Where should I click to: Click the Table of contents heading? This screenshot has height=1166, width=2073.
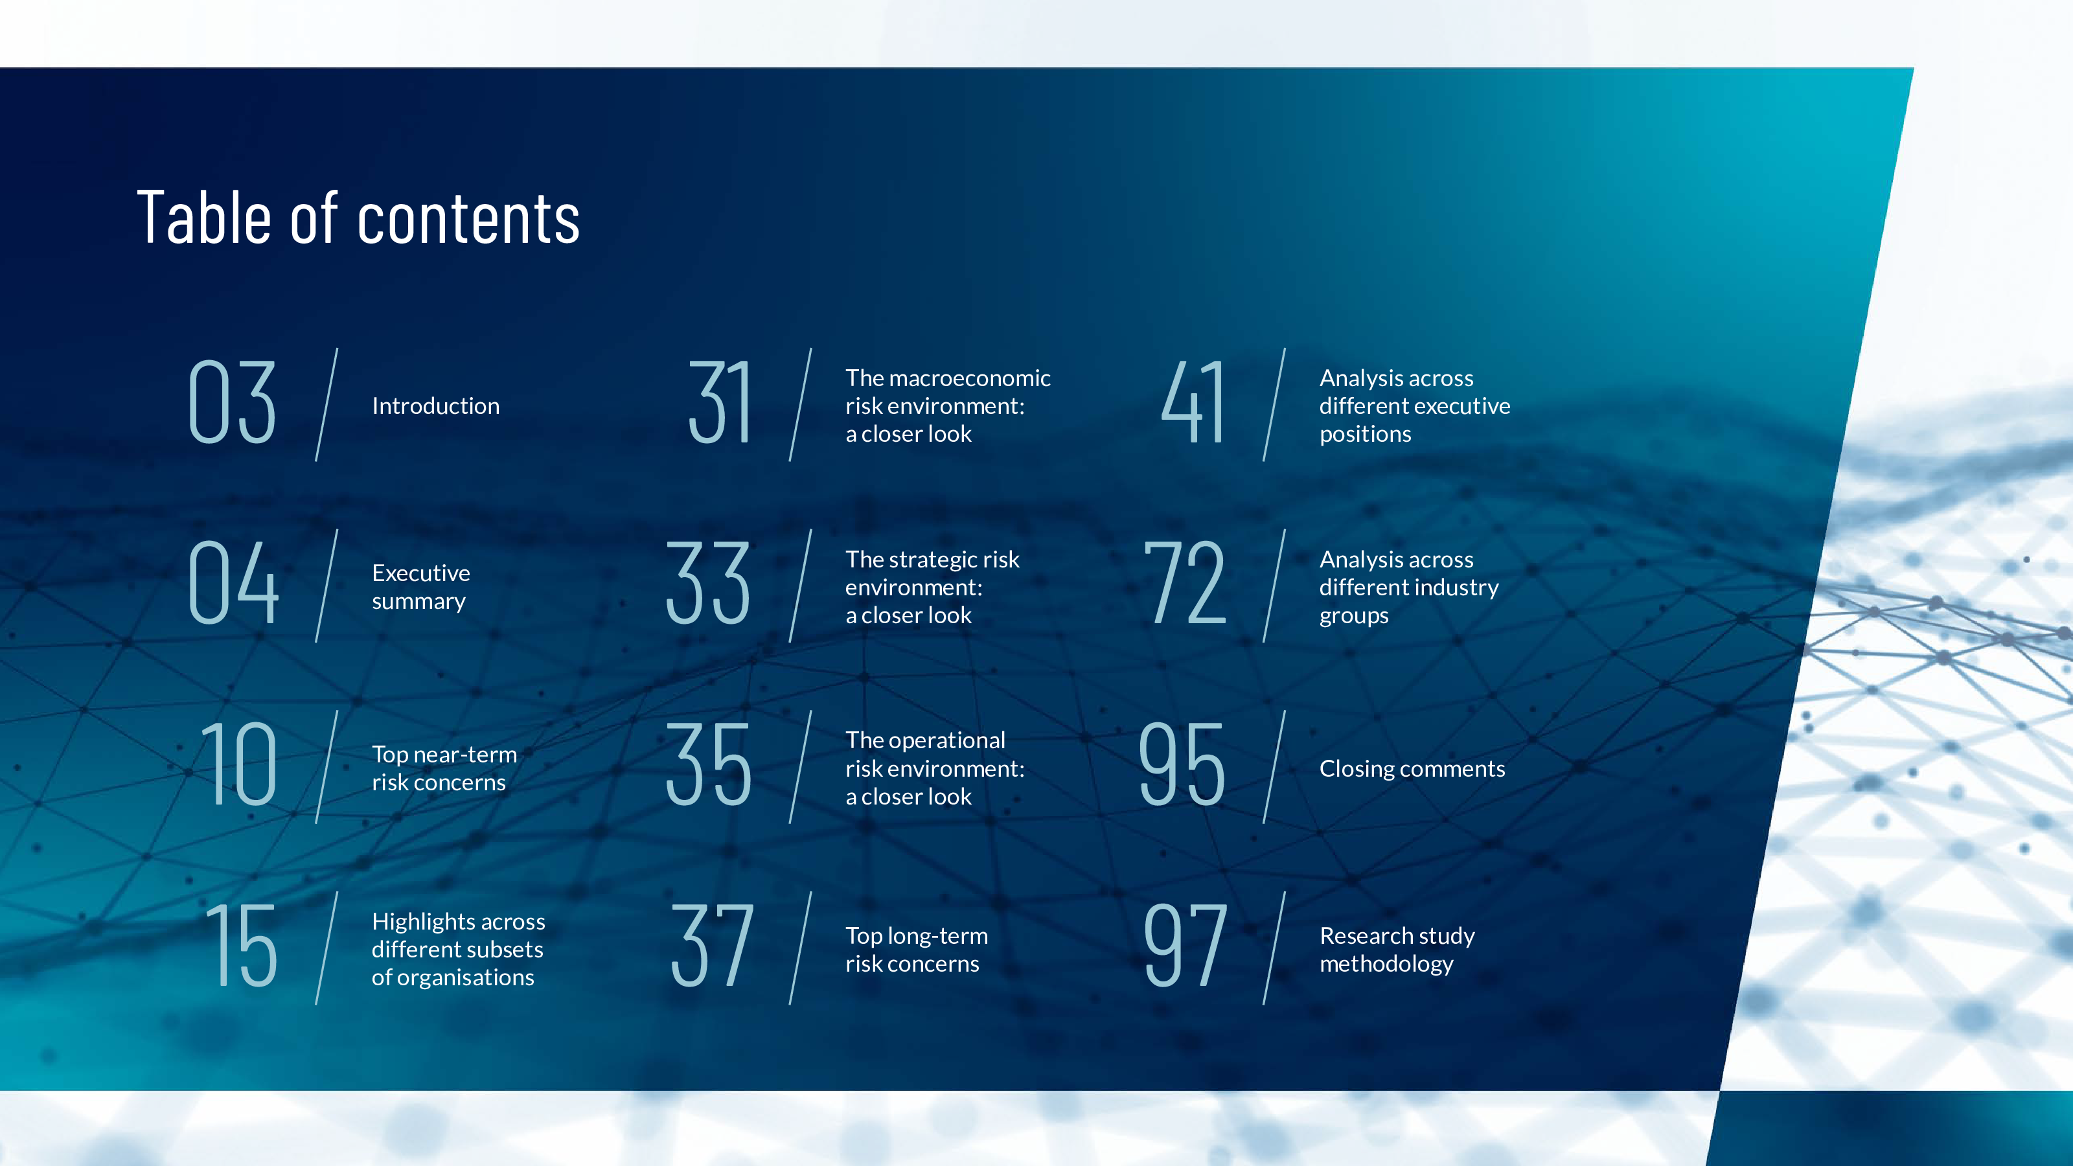358,218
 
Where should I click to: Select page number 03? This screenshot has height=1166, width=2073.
233,402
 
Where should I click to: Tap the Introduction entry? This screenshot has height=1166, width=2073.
435,406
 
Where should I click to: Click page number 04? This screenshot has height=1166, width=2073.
233,582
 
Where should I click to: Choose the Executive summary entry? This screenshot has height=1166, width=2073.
421,587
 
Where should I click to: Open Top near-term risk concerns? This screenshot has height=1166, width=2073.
444,768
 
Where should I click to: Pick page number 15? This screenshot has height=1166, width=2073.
242,946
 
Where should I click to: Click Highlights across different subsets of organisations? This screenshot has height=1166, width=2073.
459,949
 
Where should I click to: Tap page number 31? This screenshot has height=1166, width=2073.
720,402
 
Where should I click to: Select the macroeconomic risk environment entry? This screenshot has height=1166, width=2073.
948,406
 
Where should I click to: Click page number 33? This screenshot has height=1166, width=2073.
708,582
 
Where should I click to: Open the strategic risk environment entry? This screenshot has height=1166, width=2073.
932,587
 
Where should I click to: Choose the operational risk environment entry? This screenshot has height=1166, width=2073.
935,768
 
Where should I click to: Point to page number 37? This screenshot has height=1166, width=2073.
712,946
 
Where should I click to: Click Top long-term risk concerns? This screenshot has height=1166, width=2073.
917,950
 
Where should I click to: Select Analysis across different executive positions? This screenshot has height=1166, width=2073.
1415,406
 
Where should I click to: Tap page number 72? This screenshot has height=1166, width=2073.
1185,582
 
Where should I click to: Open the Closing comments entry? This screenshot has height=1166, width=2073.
1412,768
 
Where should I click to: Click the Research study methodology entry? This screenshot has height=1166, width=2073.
1397,950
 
